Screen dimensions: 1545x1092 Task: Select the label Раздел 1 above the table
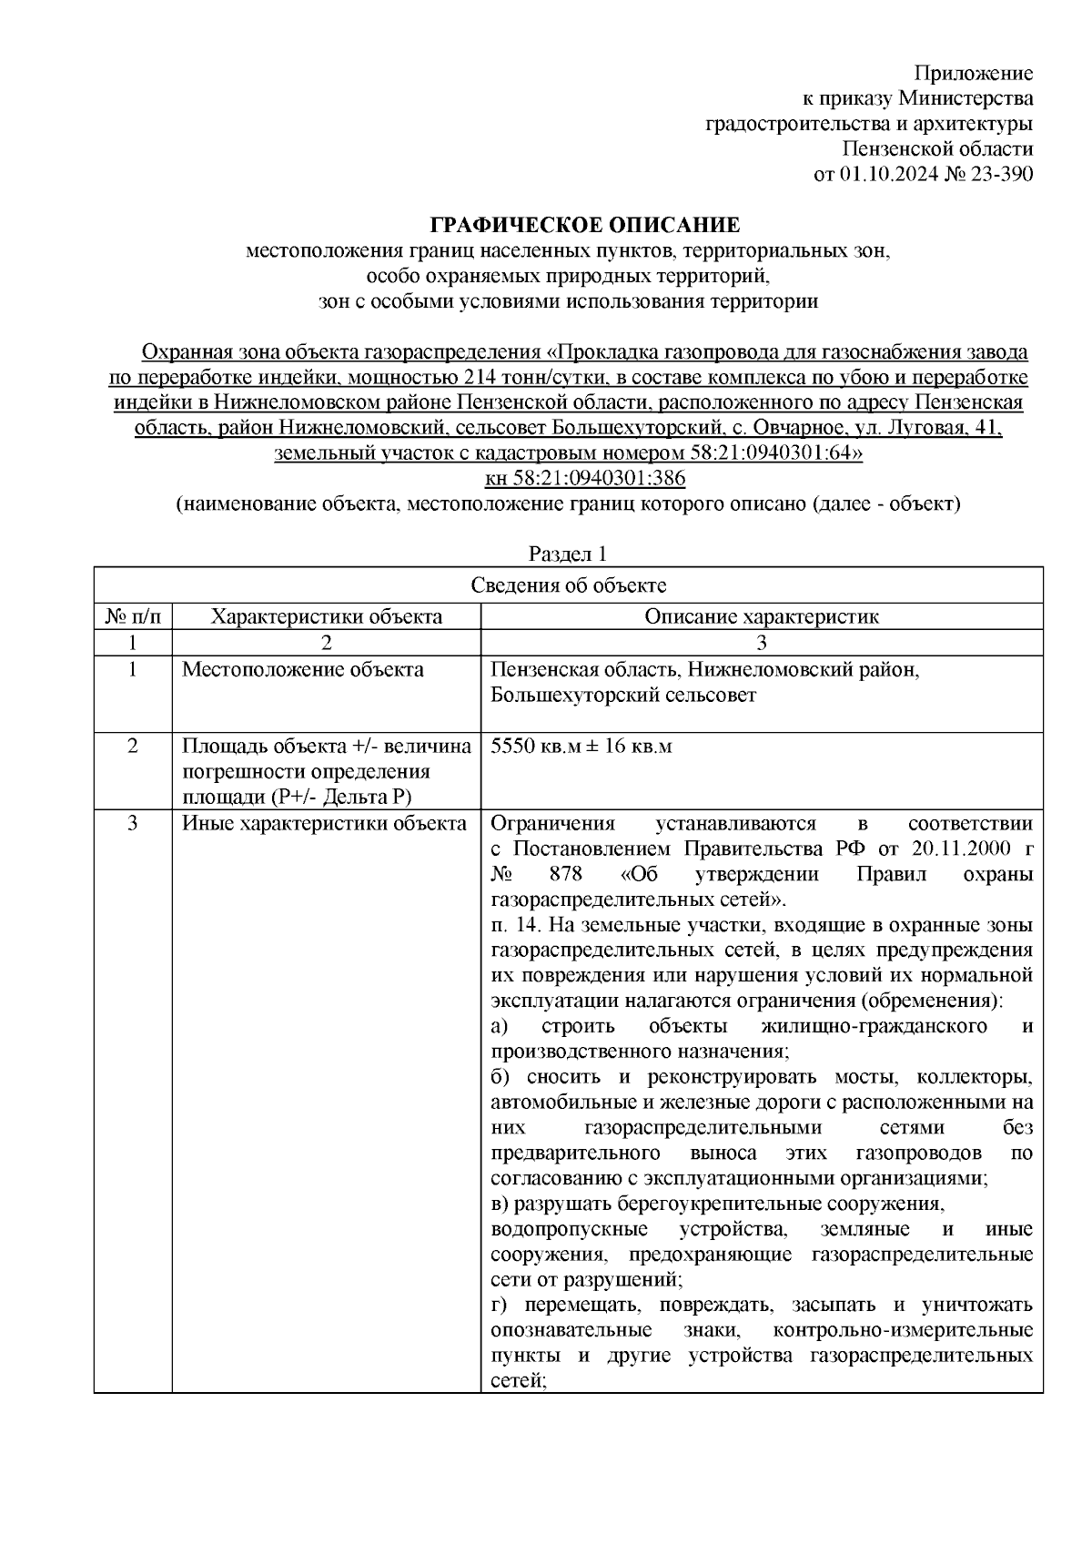(x=568, y=554)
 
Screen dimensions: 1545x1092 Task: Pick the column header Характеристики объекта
(x=327, y=616)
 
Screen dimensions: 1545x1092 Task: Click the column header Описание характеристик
(x=762, y=616)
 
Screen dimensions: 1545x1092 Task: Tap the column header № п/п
(x=133, y=616)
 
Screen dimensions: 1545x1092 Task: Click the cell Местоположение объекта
(x=303, y=670)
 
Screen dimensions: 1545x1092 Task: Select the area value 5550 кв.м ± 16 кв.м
(x=581, y=747)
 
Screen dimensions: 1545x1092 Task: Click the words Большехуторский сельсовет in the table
(x=622, y=696)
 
